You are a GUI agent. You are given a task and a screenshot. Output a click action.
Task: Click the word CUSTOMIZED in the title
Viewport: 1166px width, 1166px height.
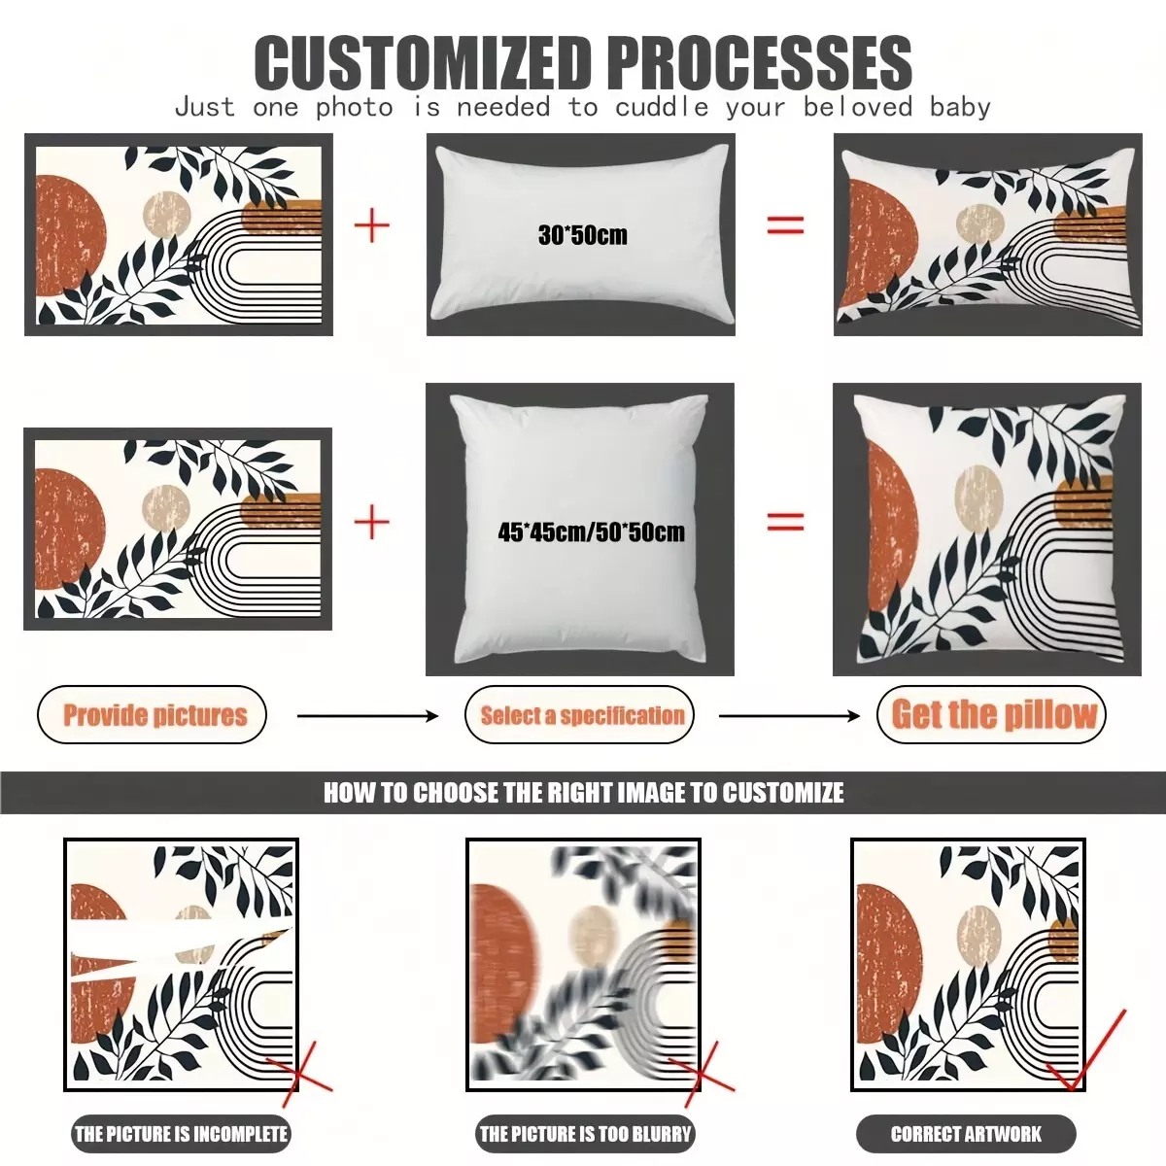pyautogui.click(x=423, y=63)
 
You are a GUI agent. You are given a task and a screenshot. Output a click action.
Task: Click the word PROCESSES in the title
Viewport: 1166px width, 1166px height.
pyautogui.click(x=760, y=63)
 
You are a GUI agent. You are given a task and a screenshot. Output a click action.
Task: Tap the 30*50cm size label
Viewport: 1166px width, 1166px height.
pyautogui.click(x=583, y=235)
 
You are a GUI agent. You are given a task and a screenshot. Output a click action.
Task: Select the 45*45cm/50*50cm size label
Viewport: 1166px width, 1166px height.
pyautogui.click(x=591, y=532)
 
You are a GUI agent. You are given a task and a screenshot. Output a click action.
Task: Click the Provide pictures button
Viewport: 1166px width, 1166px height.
pyautogui.click(x=152, y=714)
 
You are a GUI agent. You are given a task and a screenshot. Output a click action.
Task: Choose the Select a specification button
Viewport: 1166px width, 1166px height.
pyautogui.click(x=580, y=714)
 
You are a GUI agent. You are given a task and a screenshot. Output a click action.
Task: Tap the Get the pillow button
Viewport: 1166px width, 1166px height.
pyautogui.click(x=991, y=714)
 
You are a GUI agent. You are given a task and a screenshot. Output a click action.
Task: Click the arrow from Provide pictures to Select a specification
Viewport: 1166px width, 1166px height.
pyautogui.click(x=367, y=716)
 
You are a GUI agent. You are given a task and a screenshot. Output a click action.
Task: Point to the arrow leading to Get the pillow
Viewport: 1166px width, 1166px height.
pyautogui.click(x=789, y=716)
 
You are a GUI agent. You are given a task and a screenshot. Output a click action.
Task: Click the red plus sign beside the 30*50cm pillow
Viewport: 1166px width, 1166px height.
pyautogui.click(x=371, y=225)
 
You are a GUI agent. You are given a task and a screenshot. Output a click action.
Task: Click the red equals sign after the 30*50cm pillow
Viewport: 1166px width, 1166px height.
pyautogui.click(x=785, y=225)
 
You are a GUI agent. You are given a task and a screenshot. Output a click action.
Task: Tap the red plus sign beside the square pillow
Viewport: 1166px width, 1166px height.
pyautogui.click(x=371, y=522)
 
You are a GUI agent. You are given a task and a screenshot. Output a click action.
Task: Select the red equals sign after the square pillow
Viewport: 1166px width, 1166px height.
pyautogui.click(x=785, y=522)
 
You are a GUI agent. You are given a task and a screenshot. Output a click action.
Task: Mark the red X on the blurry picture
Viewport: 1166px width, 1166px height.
pyautogui.click(x=702, y=1075)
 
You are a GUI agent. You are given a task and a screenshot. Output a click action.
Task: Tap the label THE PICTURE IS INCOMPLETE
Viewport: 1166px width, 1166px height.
pyautogui.click(x=181, y=1133)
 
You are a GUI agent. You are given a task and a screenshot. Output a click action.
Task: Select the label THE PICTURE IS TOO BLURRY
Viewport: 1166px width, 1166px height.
pyautogui.click(x=585, y=1133)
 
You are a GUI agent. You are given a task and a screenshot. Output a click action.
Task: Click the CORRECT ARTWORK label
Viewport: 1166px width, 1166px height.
pyautogui.click(x=966, y=1133)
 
